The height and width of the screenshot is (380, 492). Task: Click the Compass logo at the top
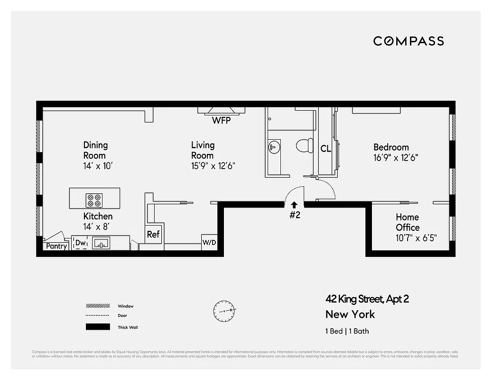point(408,41)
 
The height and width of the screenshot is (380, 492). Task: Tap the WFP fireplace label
point(221,121)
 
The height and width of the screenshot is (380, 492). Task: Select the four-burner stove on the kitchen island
point(94,200)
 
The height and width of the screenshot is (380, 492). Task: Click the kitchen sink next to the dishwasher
point(101,244)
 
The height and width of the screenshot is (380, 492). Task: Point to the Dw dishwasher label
point(80,243)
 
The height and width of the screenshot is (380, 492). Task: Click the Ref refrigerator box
point(153,234)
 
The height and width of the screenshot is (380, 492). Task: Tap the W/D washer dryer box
point(209,242)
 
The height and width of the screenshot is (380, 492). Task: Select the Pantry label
point(56,247)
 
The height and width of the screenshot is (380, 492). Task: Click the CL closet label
point(325,149)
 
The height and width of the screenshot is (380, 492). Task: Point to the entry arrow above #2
point(294,204)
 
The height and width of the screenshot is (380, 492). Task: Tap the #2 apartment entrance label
point(295,215)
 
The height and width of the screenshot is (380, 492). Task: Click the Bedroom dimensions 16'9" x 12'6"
point(395,158)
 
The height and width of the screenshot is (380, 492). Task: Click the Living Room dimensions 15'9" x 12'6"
point(213,166)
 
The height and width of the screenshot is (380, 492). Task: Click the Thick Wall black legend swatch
point(98,327)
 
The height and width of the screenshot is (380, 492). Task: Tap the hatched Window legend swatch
point(98,306)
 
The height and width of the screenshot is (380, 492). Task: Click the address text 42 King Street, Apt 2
point(367,299)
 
